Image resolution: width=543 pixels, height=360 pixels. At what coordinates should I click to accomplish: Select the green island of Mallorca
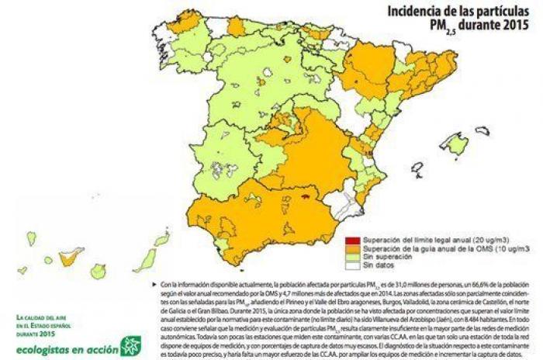pos(456,144)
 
